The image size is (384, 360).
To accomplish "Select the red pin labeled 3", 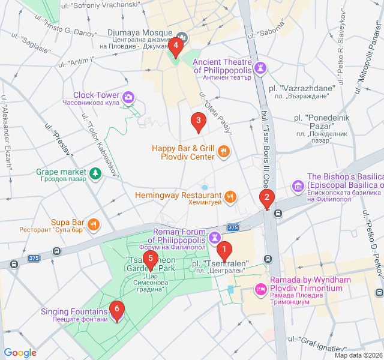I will [198, 122].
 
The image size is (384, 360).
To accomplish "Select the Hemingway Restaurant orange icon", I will [230, 197].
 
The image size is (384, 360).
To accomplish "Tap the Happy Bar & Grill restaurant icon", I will [223, 151].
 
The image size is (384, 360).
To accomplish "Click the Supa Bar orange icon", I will [93, 225].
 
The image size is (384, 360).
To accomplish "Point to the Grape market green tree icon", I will [95, 173].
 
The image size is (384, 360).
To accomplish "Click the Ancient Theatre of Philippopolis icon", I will [260, 67].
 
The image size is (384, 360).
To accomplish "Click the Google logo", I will [20, 353].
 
